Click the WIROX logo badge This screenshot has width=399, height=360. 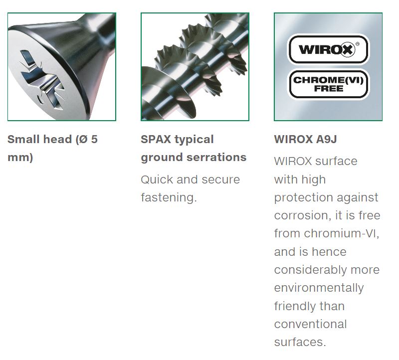pyautogui.click(x=329, y=49)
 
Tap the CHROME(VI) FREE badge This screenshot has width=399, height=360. pyautogui.click(x=329, y=84)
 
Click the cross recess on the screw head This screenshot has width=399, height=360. pyautogui.click(x=41, y=79)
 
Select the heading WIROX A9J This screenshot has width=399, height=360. pyautogui.click(x=305, y=139)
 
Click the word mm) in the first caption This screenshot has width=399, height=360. pyautogui.click(x=20, y=157)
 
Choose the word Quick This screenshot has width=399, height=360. pyautogui.click(x=157, y=180)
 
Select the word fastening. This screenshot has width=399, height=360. pyautogui.click(x=169, y=197)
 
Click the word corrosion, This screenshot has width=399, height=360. pyautogui.click(x=303, y=215)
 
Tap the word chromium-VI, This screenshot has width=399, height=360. pyautogui.click(x=342, y=233)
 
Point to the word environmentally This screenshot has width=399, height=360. pyautogui.click(x=319, y=288)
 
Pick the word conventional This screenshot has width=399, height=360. pyautogui.click(x=310, y=324)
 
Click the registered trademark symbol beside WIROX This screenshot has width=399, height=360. pyautogui.click(x=358, y=44)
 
